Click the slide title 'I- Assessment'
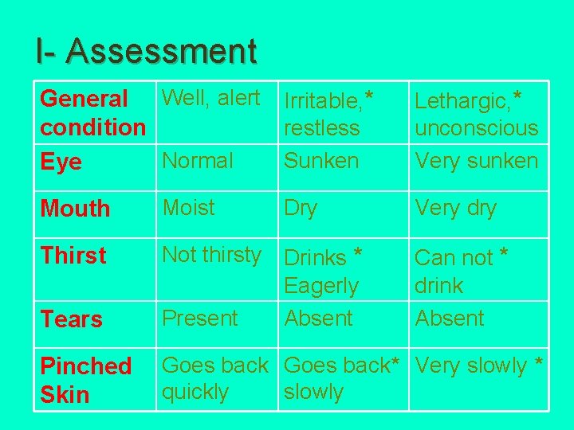point(146,51)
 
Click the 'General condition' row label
point(92,113)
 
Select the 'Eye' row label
point(61,162)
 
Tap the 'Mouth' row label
point(75,209)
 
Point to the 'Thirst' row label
point(73,256)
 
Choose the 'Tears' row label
point(71,319)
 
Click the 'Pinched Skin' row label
point(85,380)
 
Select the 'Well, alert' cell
point(211,98)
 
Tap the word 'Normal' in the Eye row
point(198,160)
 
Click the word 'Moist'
point(189,208)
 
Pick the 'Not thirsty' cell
point(212,255)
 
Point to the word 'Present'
point(200,319)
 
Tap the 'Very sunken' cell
point(477,160)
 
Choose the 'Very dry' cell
point(455,209)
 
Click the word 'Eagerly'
point(321,285)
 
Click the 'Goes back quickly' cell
point(215,378)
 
